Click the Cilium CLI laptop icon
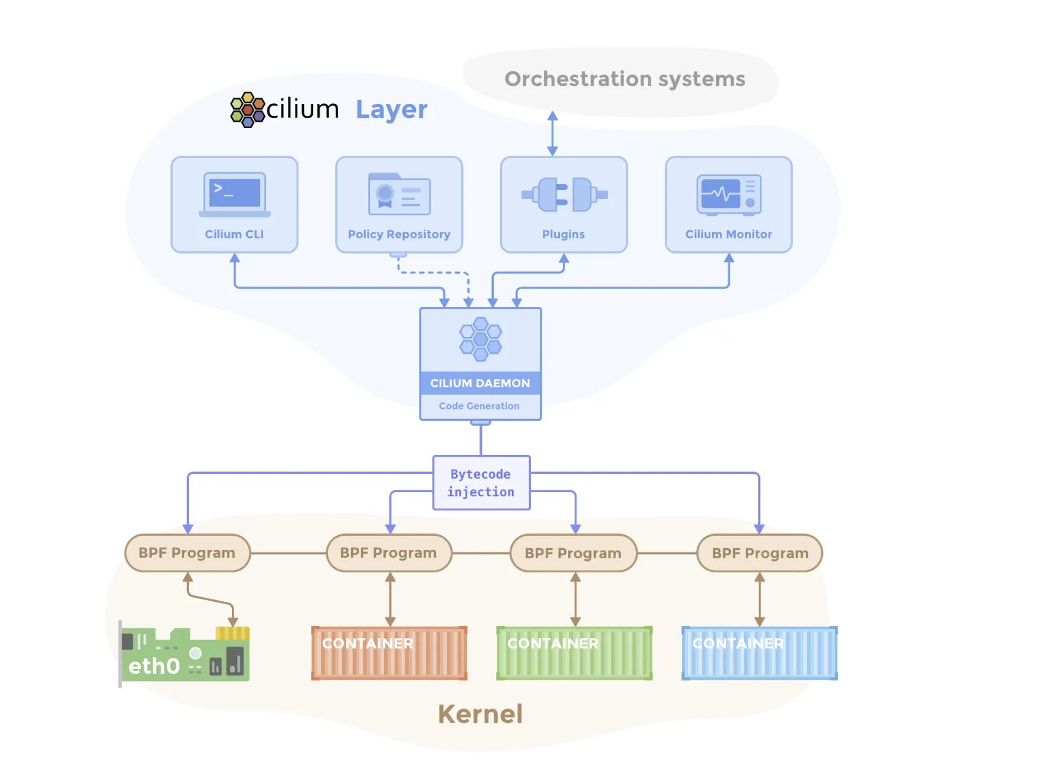point(235,194)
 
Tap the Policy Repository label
point(399,234)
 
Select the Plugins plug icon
point(564,194)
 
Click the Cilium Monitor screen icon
point(729,194)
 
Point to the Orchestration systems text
point(624,79)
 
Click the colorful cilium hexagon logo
point(247,110)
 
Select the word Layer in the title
point(391,110)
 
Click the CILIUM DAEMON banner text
point(480,383)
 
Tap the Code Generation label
point(479,406)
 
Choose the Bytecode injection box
point(481,483)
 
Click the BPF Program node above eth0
point(187,553)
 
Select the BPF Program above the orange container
point(389,553)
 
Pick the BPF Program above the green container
point(573,553)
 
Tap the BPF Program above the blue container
point(760,553)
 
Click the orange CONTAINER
point(389,653)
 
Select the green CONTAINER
point(574,653)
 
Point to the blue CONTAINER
point(759,653)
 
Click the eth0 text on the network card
point(154,666)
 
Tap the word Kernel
point(480,714)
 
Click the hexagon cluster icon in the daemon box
point(480,339)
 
